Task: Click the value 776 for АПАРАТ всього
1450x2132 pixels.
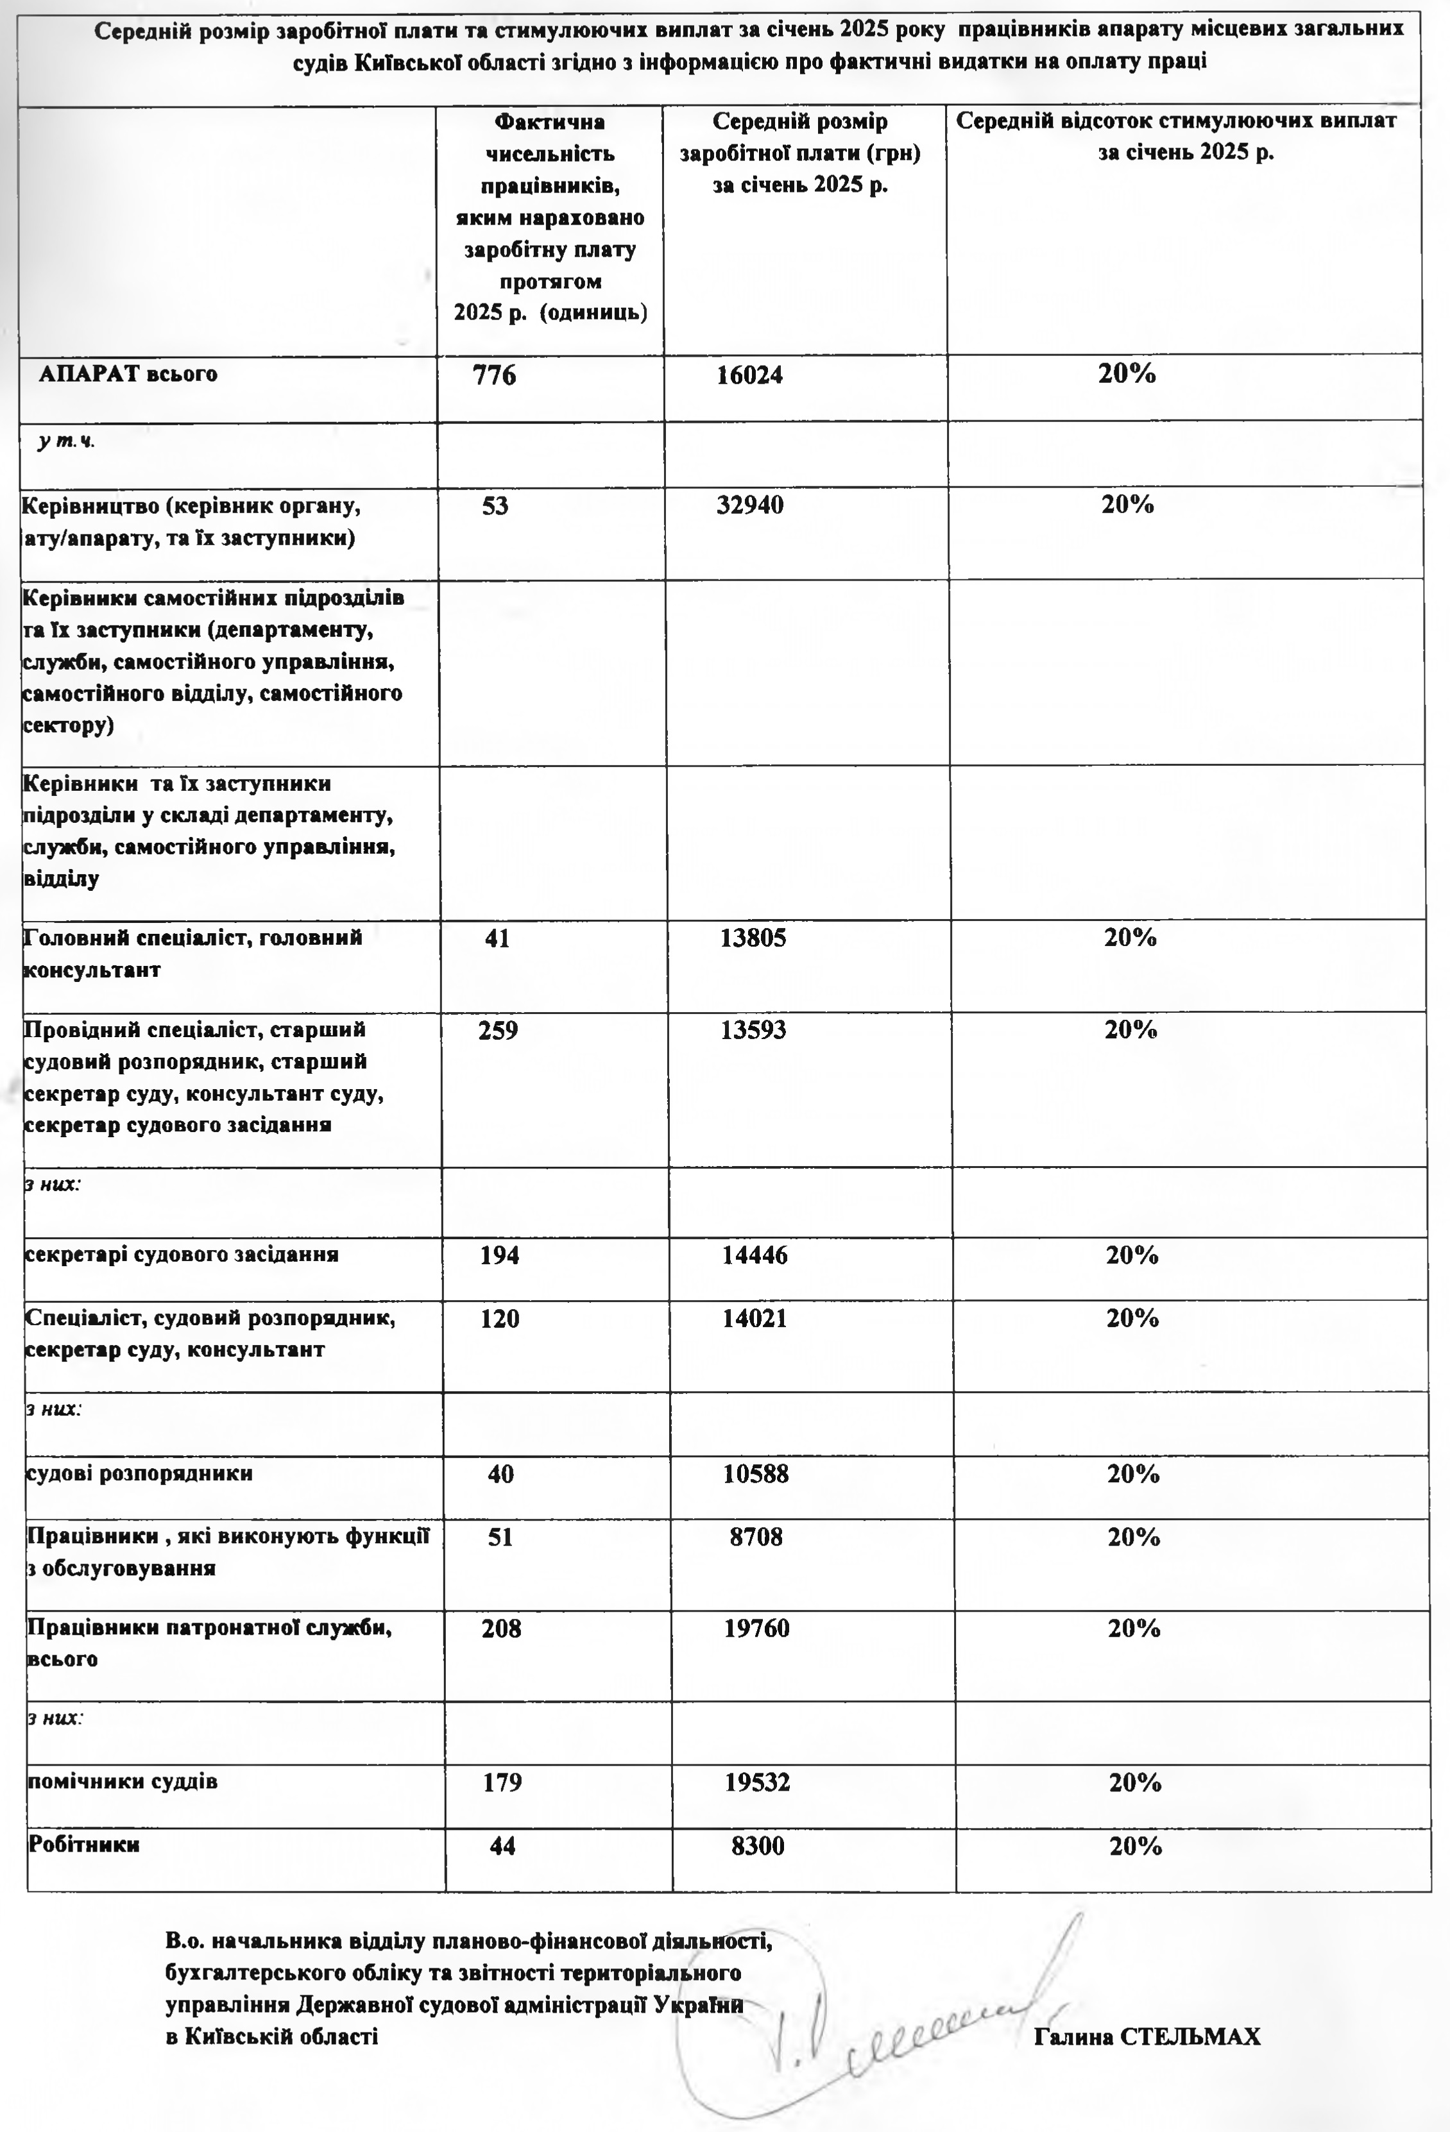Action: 494,375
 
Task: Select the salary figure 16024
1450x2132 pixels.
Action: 750,375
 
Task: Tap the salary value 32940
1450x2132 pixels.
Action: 750,505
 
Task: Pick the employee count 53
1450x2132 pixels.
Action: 495,505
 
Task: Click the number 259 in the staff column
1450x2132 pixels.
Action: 497,1030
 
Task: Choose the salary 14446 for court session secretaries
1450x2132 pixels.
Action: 755,1255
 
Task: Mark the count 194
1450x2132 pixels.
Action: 499,1255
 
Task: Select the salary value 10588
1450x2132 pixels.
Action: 755,1474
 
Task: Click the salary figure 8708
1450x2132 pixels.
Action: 756,1537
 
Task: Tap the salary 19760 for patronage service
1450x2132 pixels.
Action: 756,1629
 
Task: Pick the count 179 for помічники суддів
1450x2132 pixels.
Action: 502,1782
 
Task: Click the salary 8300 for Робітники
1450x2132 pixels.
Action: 758,1846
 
